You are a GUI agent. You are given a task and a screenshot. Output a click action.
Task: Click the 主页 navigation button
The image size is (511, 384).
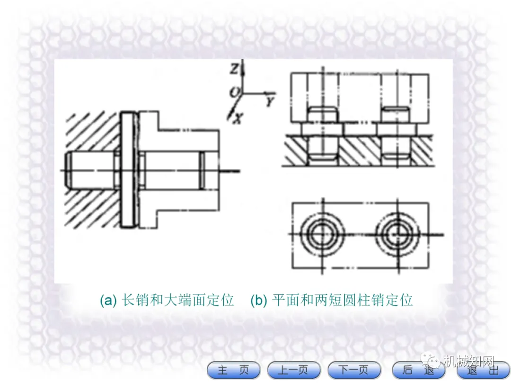click(x=233, y=370)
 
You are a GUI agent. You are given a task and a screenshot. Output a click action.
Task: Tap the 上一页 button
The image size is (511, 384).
click(x=294, y=370)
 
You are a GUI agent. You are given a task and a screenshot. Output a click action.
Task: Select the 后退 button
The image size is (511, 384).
click(x=418, y=370)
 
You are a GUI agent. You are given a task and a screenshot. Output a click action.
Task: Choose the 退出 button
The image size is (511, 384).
click(x=484, y=370)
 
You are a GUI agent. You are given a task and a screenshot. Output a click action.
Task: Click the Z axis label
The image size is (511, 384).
click(x=234, y=69)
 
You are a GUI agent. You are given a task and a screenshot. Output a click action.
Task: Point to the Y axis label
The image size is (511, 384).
click(x=270, y=101)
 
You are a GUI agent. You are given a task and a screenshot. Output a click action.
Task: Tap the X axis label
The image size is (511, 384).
click(x=238, y=119)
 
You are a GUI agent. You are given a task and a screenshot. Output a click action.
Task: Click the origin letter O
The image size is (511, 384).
click(x=234, y=92)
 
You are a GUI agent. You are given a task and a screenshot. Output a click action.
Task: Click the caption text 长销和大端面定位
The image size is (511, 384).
click(x=177, y=300)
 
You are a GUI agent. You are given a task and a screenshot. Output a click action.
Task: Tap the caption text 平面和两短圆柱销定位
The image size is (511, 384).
click(x=343, y=300)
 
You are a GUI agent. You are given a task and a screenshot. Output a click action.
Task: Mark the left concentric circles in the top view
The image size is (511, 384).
click(x=322, y=234)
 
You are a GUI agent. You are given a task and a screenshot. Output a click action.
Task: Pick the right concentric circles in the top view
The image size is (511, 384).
click(x=397, y=234)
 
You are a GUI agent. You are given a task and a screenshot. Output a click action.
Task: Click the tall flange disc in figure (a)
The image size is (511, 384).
click(x=128, y=170)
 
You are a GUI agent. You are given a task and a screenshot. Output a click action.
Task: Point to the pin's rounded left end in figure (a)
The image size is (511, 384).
click(x=69, y=171)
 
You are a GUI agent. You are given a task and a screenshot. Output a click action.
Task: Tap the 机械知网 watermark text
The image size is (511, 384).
click(x=469, y=361)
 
